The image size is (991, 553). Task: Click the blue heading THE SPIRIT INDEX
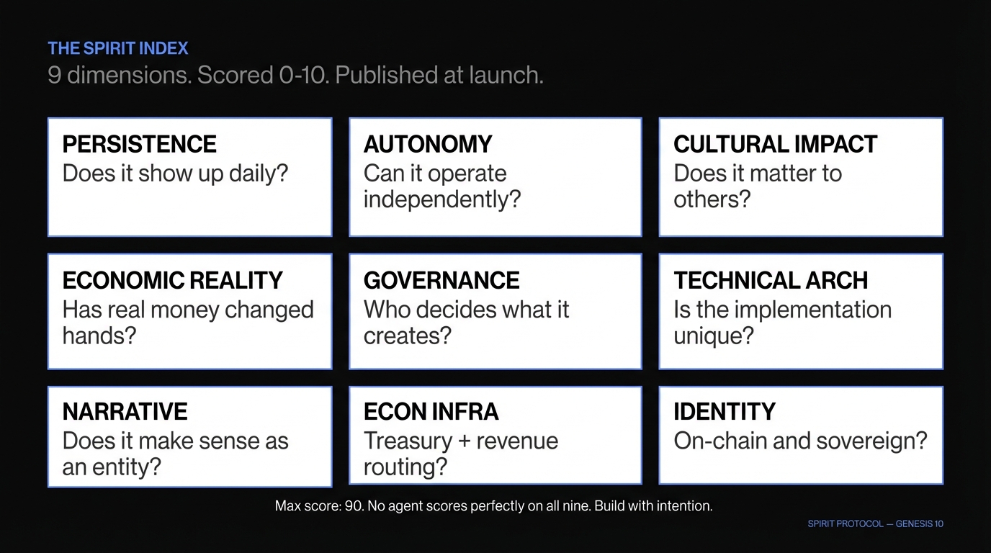pos(117,49)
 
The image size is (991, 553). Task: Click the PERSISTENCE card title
pos(139,144)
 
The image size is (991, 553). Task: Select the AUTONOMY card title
pos(428,144)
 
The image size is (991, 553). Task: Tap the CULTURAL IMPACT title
pos(775,144)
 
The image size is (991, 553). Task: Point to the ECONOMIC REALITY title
pos(172,280)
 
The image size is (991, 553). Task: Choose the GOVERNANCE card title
pos(441,280)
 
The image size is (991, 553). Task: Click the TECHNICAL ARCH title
pos(771,280)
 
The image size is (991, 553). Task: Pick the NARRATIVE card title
pos(125,412)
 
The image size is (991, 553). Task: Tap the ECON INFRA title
pos(431,412)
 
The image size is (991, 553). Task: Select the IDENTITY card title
pos(724,412)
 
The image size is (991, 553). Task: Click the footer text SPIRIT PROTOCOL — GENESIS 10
pos(875,524)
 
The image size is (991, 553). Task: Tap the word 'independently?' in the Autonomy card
pos(441,199)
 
